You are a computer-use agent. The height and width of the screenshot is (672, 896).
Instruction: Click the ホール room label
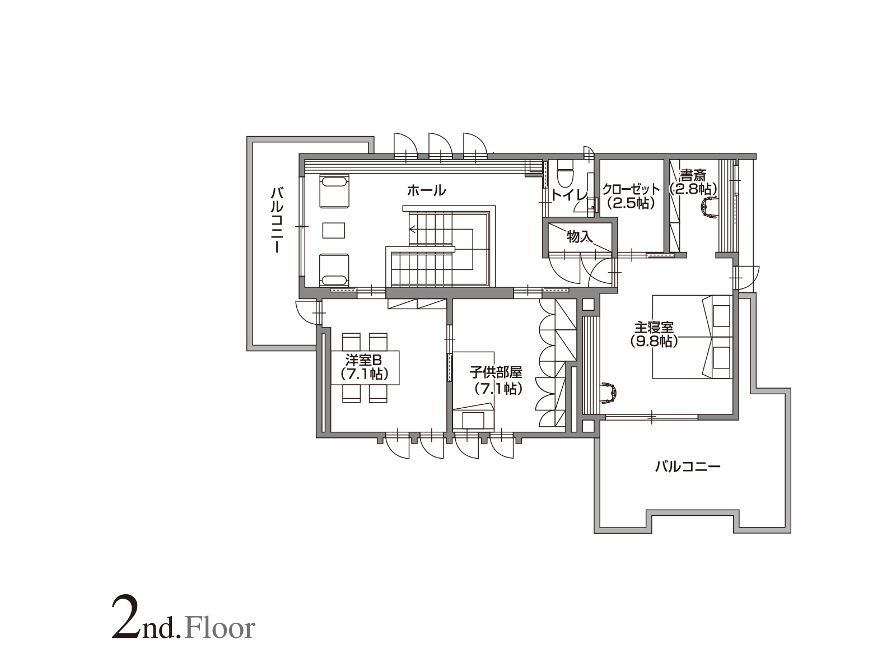[426, 190]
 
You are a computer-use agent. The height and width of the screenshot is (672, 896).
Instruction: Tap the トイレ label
[569, 195]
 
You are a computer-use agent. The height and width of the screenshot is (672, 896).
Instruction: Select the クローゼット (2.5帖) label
[631, 196]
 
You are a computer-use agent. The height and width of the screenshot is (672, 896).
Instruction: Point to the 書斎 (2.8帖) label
[693, 182]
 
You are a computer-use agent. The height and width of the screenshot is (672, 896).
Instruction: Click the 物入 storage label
[579, 236]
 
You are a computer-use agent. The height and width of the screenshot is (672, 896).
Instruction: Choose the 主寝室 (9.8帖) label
[654, 334]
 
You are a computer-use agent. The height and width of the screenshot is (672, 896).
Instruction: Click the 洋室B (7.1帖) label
[364, 367]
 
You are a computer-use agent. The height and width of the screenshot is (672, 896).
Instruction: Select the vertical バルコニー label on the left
[277, 220]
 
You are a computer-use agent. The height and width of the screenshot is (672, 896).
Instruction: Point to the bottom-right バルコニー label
[688, 466]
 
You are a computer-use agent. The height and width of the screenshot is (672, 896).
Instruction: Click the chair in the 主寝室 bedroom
[609, 393]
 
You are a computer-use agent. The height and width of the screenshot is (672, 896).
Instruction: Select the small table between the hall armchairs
[334, 230]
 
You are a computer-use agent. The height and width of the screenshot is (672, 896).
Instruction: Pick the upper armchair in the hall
[334, 191]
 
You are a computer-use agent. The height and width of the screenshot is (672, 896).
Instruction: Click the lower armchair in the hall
[334, 270]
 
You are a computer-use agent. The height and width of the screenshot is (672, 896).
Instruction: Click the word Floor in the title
[220, 628]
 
